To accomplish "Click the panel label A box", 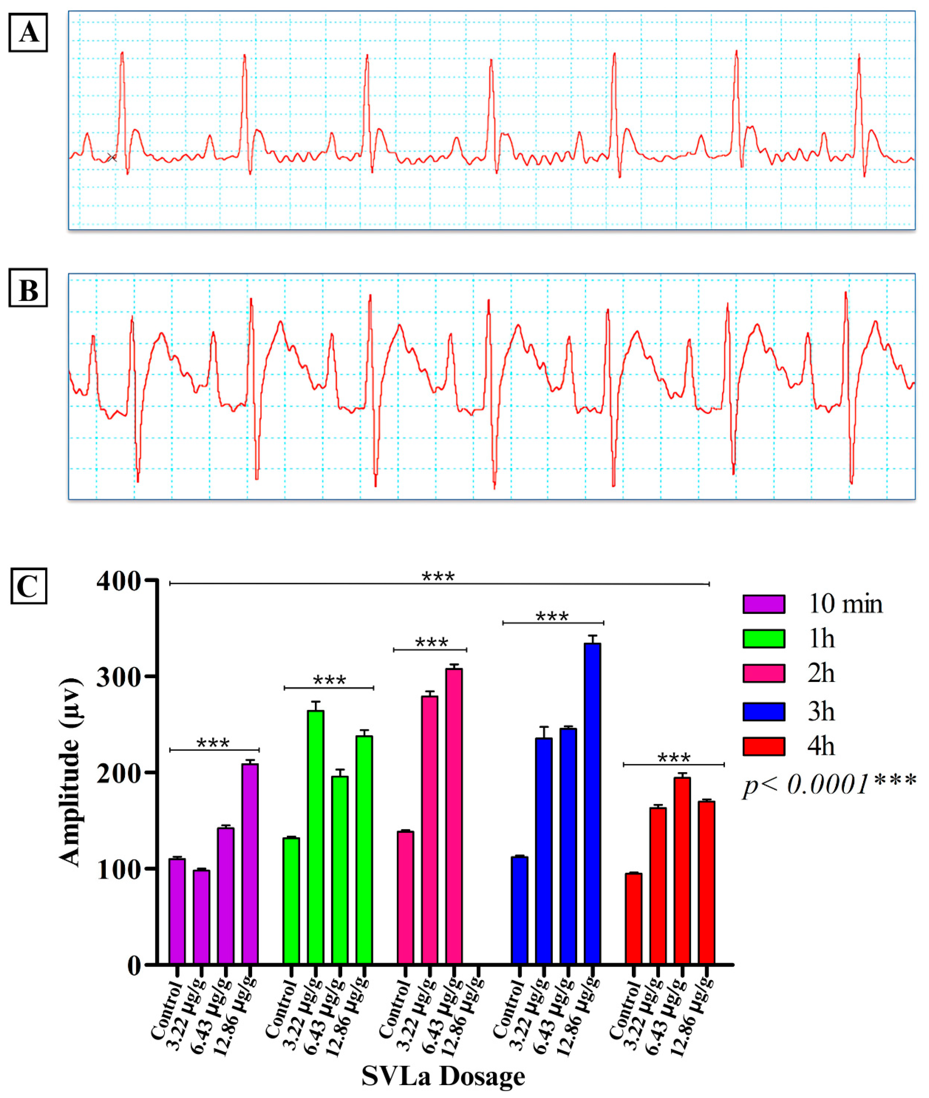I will [28, 33].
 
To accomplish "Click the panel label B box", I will [28, 288].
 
